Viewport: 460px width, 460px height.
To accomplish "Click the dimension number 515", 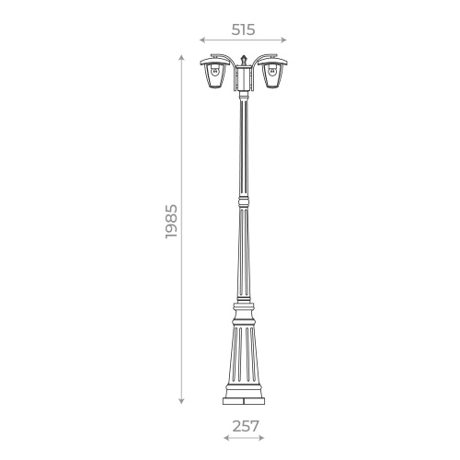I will click(243, 29).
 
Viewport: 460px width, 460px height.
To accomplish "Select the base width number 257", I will click(243, 426).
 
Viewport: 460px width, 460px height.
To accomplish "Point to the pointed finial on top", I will click(244, 58).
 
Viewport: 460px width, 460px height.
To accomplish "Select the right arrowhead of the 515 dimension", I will click(285, 40).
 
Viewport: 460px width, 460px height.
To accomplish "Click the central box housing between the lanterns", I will click(244, 79).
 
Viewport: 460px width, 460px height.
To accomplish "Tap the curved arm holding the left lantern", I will click(227, 61).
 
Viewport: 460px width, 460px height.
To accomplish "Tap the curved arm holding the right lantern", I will click(260, 61).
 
